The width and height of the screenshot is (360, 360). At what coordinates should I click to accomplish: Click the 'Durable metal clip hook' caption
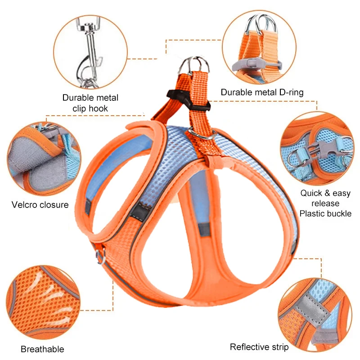coord(90,103)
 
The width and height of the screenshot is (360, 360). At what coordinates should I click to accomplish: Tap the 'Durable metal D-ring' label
coord(262,92)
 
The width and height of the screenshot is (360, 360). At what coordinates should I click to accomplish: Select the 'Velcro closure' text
coord(40,205)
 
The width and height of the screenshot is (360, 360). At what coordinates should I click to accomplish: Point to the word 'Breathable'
coord(42,349)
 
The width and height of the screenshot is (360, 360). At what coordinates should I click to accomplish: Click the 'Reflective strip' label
coord(259,347)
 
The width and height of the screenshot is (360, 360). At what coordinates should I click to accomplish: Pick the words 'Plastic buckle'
coord(326,213)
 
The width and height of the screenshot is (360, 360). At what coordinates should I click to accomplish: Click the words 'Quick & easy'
coord(326,193)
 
